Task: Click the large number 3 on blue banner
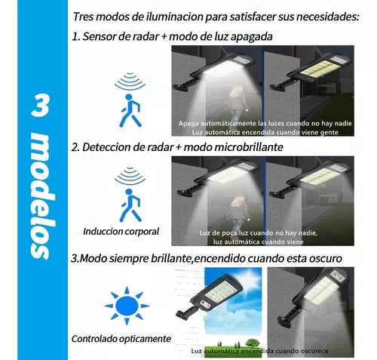(x=40, y=105)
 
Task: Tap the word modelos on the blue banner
(x=41, y=197)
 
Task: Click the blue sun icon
(x=127, y=306)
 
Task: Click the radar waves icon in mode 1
(x=130, y=82)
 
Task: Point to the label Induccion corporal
(x=121, y=232)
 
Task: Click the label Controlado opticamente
(x=121, y=339)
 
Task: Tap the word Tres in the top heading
(x=84, y=17)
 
